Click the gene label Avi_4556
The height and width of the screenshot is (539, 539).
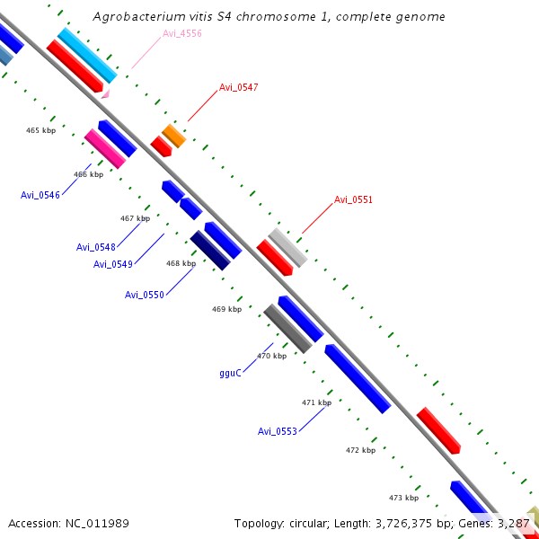click(182, 34)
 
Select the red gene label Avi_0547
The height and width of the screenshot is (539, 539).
click(239, 87)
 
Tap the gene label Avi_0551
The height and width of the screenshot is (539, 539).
click(353, 199)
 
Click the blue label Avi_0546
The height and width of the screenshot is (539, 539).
click(40, 194)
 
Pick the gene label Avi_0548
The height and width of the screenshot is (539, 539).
click(96, 247)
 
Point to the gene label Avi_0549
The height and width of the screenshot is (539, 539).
click(113, 264)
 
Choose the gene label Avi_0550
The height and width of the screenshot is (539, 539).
click(145, 295)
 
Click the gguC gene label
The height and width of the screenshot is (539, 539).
click(230, 373)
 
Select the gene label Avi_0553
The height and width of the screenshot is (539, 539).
click(278, 431)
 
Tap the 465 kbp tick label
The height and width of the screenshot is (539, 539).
click(41, 130)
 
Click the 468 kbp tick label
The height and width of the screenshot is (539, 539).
click(181, 263)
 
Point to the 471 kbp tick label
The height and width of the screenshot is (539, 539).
click(316, 402)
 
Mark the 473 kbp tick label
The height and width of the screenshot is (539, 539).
click(403, 497)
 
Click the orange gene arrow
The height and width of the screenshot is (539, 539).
click(173, 137)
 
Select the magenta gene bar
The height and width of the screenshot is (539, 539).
click(105, 148)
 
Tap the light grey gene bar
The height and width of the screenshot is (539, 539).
click(287, 247)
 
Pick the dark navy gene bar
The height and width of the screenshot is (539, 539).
click(210, 251)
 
